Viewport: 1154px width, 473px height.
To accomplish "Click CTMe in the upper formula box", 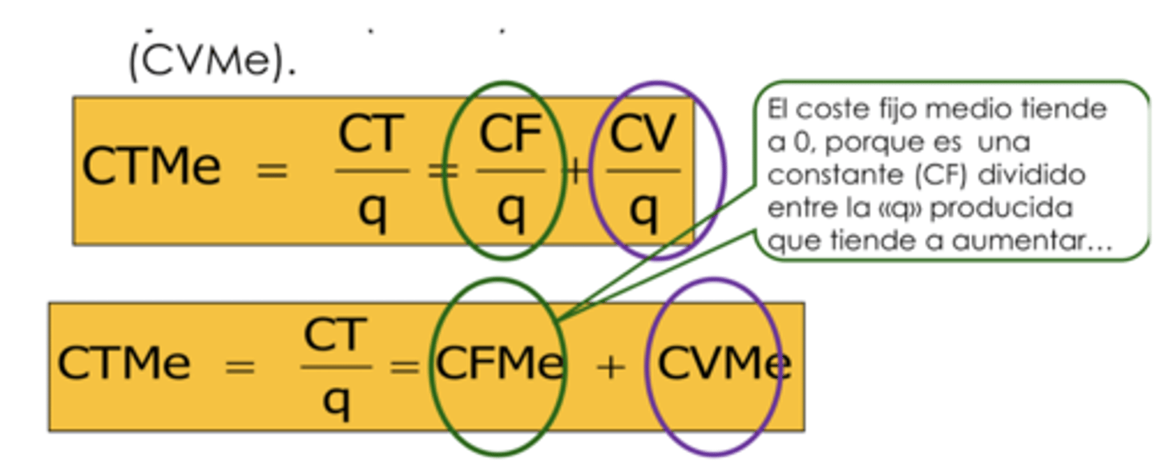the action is click(151, 166).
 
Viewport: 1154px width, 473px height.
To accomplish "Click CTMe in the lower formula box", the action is click(124, 362).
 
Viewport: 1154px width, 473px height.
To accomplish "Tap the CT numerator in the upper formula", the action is click(371, 133).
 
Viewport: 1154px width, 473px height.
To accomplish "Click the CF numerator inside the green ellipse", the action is click(510, 133).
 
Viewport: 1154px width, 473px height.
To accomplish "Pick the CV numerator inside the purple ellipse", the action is click(643, 133).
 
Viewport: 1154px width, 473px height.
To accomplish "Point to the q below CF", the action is click(511, 212).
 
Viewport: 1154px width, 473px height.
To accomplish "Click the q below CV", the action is click(644, 212).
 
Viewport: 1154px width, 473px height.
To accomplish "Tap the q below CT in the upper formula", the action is click(373, 212).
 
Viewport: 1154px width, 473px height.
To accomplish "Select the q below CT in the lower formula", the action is click(337, 402).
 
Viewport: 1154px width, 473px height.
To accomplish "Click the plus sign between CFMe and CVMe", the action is click(611, 368).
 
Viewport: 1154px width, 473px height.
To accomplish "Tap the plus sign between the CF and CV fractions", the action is click(576, 172).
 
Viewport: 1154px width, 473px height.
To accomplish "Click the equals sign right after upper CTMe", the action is click(272, 171).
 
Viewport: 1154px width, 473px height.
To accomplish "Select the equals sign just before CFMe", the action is click(405, 367).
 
